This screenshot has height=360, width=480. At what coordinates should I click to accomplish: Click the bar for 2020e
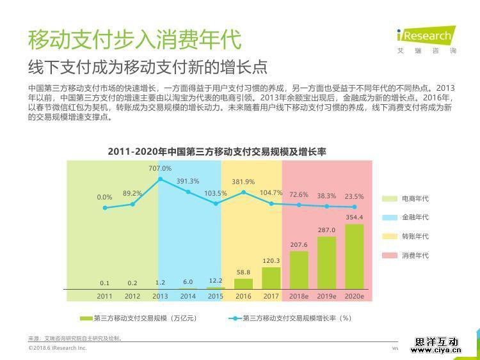(x=354, y=256)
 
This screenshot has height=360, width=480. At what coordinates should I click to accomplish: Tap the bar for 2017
(x=271, y=278)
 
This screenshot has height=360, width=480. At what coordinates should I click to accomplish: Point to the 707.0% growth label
(x=160, y=168)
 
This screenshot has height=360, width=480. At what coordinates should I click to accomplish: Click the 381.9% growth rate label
(x=243, y=182)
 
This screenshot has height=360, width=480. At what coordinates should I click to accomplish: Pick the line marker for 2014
(x=188, y=192)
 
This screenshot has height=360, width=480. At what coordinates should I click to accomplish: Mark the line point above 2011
(x=105, y=208)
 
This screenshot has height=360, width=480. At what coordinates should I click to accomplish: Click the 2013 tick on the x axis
(x=160, y=297)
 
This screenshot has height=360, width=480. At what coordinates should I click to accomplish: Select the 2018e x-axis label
(x=299, y=297)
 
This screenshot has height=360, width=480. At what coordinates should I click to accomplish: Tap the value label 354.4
(x=354, y=218)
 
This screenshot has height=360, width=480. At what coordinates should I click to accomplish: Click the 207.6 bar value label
(x=299, y=245)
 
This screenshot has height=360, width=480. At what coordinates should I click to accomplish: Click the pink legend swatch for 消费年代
(x=390, y=256)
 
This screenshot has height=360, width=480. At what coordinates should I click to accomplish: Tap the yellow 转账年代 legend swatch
(x=390, y=237)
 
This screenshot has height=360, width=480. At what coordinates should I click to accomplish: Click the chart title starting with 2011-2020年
(x=217, y=152)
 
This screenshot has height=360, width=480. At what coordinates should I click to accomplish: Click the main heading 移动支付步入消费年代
(x=134, y=40)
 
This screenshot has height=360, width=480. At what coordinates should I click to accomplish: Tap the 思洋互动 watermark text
(x=437, y=342)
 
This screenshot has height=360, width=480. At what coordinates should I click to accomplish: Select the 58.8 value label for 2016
(x=243, y=272)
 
